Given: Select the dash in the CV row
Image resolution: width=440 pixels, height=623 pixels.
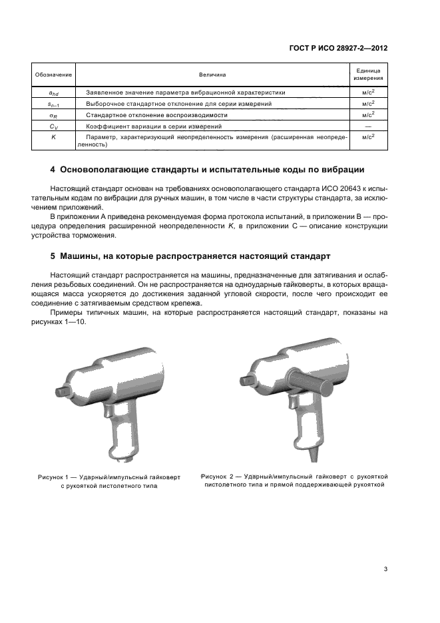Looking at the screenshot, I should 367,126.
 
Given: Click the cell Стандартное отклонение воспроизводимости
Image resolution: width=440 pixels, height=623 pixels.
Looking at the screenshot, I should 143,114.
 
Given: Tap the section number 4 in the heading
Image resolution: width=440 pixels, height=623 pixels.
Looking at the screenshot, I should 53,169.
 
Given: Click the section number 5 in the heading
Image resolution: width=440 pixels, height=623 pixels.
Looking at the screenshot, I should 53,256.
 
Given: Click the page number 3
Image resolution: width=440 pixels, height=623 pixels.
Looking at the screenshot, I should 385,568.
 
